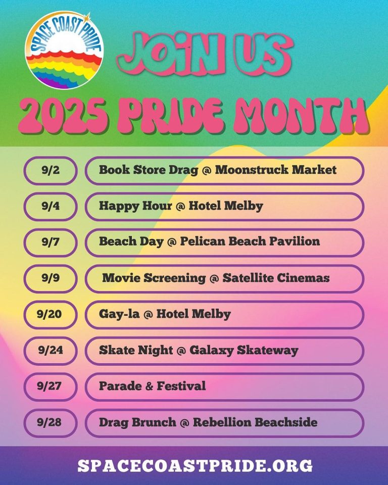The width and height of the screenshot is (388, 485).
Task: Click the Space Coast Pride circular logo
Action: tap(64, 50)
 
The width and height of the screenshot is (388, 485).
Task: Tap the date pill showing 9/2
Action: tap(51, 170)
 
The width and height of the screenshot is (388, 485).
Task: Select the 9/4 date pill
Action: tap(51, 206)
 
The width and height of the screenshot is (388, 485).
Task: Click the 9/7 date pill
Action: tap(51, 243)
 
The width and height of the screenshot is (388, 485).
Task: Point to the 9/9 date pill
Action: tap(51, 278)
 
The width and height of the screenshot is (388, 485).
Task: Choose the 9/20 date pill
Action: tap(51, 315)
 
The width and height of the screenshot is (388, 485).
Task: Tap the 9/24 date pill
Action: tap(51, 351)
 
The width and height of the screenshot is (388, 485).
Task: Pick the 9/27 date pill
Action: tap(51, 386)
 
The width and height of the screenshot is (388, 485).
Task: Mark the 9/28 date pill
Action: tap(51, 423)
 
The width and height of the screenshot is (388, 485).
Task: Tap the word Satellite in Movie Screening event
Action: tap(248, 278)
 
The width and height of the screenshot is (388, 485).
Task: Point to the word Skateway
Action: tap(268, 351)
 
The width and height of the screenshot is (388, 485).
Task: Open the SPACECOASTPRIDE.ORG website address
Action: tap(195, 465)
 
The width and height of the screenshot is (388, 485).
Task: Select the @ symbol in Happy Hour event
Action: tap(180, 206)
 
